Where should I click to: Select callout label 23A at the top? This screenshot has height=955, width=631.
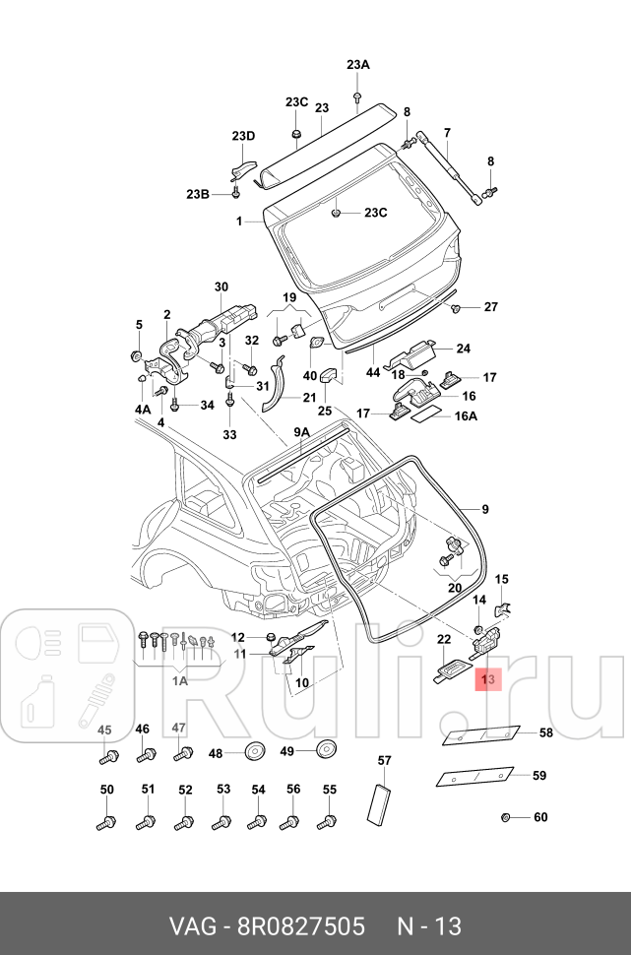[357, 65]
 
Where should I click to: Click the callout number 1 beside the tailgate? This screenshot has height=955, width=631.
[238, 223]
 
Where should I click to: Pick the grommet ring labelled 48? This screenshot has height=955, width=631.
[254, 753]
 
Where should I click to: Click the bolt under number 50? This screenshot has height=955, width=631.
[106, 821]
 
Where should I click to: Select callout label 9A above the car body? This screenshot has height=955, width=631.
[301, 432]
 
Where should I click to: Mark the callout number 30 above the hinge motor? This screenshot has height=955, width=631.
[221, 286]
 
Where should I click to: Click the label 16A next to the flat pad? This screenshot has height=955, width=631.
[465, 415]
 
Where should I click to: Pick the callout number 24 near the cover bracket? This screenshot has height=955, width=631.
[463, 348]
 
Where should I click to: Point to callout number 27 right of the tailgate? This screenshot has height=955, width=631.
[491, 307]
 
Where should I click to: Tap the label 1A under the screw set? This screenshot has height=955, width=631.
[180, 679]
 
